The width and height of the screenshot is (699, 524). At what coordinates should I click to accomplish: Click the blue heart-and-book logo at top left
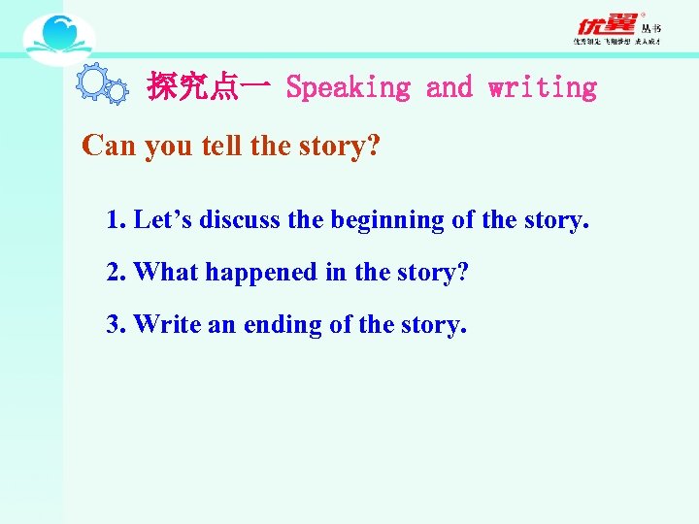click(x=58, y=39)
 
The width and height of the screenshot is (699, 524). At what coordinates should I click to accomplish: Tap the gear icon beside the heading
click(x=101, y=85)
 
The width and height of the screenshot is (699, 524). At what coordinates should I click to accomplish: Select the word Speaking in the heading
click(x=349, y=88)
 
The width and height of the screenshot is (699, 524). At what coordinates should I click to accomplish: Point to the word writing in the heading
click(x=543, y=88)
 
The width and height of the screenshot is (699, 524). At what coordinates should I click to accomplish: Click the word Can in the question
click(x=110, y=146)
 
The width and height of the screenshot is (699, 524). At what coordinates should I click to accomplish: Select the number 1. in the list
click(x=116, y=220)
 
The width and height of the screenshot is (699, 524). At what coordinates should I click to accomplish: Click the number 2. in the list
click(x=116, y=273)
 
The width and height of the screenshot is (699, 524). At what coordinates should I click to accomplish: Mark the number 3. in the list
click(x=116, y=324)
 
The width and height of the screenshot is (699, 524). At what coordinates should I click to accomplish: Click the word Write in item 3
click(x=166, y=324)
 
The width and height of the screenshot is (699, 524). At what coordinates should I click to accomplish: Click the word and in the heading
click(x=449, y=88)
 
